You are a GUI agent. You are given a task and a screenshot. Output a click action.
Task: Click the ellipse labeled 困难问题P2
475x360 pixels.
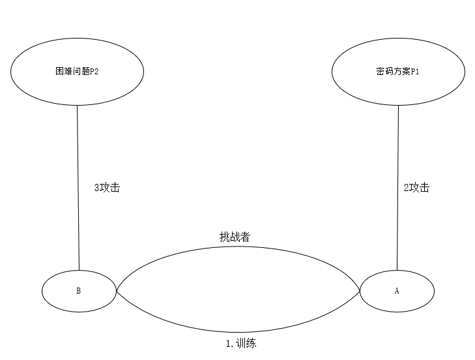pos(77,72)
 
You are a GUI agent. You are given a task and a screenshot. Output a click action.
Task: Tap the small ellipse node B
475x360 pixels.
pos(78,290)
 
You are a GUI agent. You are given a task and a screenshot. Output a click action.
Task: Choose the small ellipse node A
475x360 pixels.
pos(397,291)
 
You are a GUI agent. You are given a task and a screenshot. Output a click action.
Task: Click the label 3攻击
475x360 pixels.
pos(107,187)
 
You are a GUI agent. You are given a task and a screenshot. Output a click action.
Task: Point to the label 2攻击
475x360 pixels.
pos(416,187)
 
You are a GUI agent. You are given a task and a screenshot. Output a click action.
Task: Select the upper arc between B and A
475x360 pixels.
pos(238,247)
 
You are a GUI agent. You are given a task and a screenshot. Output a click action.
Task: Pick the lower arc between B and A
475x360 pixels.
pos(238,333)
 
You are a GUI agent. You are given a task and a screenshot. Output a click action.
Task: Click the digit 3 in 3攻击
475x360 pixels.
pos(97,188)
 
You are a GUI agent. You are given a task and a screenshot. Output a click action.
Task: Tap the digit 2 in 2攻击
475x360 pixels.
pos(407,188)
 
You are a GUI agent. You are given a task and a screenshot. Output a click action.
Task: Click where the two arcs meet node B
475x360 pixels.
pos(116,290)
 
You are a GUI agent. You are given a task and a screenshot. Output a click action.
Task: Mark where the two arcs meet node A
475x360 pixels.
pos(360,291)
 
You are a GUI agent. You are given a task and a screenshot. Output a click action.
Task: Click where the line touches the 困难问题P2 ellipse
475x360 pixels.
pos(77,105)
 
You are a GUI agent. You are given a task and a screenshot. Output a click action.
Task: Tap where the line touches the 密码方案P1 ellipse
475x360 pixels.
pos(398,105)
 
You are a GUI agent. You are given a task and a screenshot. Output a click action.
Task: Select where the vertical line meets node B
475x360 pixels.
pos(79,269)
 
